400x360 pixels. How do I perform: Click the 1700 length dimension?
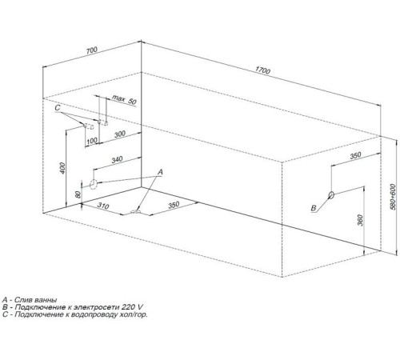262,70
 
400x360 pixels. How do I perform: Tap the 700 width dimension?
92,50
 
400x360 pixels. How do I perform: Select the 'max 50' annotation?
124,100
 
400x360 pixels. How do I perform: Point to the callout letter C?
58,108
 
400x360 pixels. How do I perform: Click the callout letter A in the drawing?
160,172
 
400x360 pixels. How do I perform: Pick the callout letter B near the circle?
314,208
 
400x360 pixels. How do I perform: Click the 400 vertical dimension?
62,168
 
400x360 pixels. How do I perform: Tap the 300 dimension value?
120,134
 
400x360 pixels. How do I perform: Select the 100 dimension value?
92,141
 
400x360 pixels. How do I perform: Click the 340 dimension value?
117,159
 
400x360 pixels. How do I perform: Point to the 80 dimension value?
78,194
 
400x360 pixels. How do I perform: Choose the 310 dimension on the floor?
103,206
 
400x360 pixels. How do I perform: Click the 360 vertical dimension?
360,220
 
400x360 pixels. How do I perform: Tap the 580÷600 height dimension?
393,197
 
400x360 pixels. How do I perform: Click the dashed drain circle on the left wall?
94,184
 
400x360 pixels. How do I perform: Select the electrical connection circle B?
331,195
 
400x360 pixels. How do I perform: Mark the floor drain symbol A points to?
136,212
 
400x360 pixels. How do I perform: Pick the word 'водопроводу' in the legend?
92,314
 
